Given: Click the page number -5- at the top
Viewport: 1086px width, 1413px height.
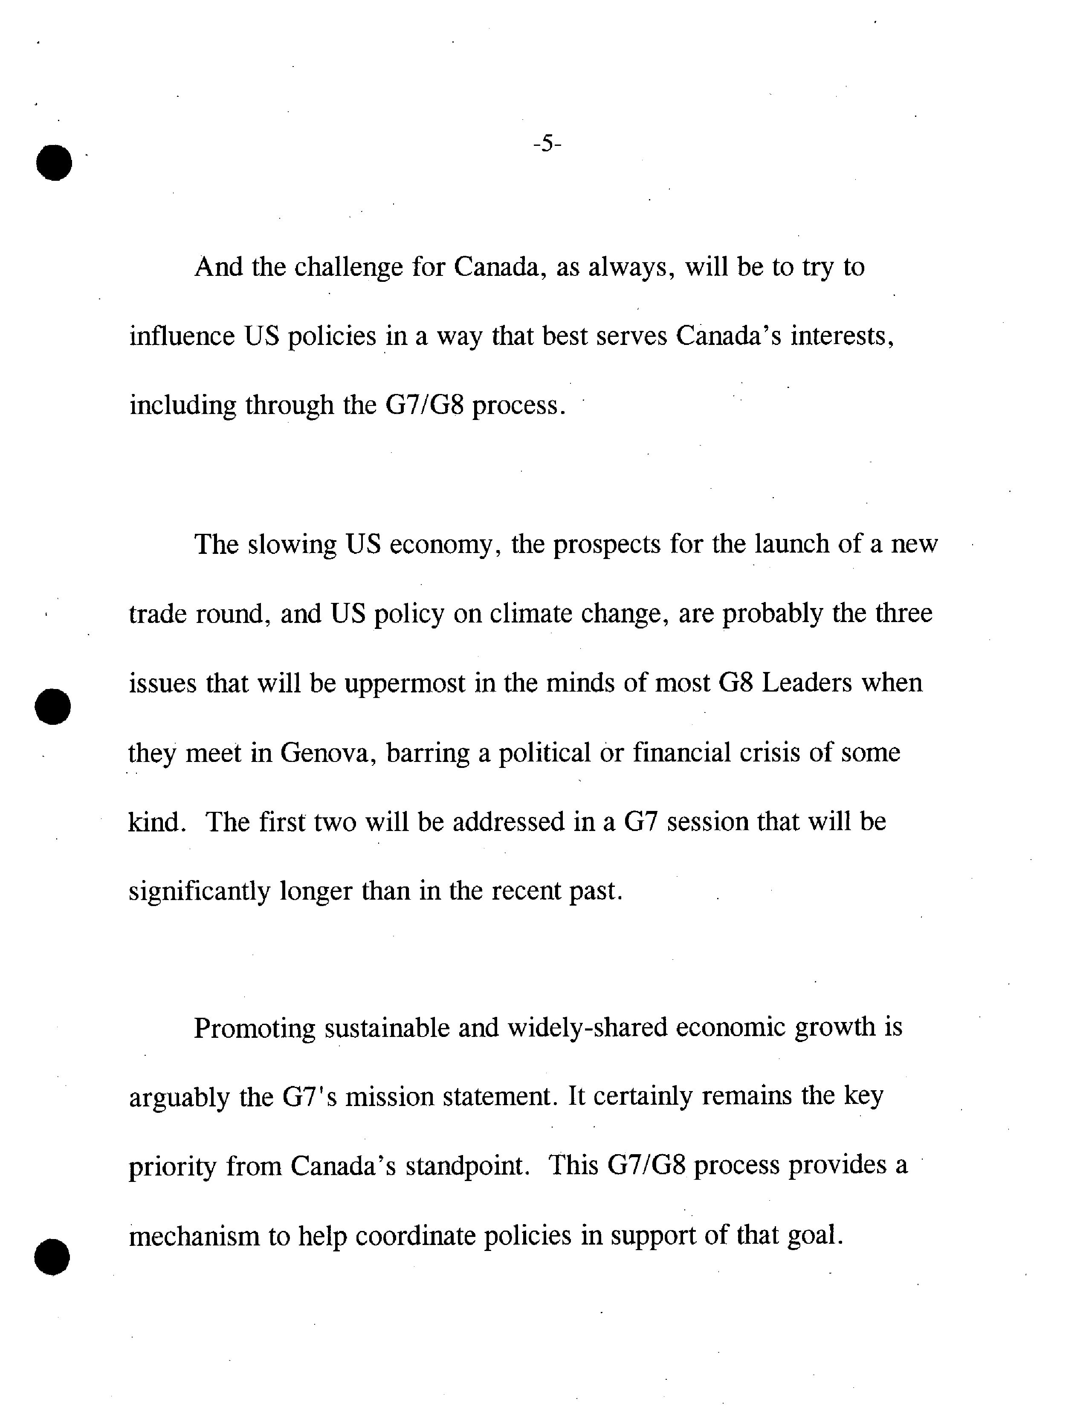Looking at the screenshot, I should [x=547, y=144].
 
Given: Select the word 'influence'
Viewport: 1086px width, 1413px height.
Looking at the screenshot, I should [x=182, y=336].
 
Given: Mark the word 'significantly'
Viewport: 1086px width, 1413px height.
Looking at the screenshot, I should [x=199, y=892].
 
